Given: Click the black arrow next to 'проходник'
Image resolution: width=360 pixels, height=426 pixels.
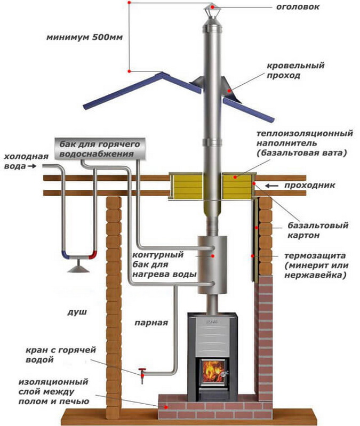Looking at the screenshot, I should coord(272,186).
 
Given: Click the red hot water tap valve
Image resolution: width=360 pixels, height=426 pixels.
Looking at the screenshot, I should coord(142,371).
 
